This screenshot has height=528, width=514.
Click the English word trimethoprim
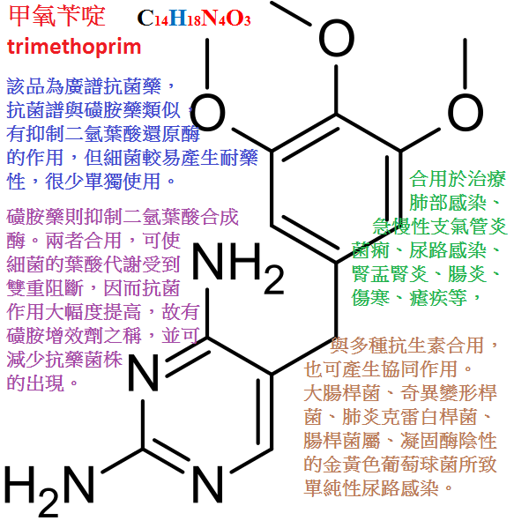[x=74, y=47]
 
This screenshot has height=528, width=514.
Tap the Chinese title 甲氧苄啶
[x=57, y=16]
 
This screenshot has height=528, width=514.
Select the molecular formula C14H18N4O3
[x=194, y=19]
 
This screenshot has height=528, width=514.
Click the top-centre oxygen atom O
[x=337, y=37]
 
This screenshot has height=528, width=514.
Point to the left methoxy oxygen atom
[x=207, y=112]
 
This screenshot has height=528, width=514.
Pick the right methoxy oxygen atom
[x=466, y=112]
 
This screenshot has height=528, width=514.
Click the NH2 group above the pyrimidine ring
[x=238, y=267]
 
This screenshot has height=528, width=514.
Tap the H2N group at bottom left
[x=49, y=490]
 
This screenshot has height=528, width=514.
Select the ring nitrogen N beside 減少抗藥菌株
[x=143, y=373]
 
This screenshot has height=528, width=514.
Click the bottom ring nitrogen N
[x=208, y=485]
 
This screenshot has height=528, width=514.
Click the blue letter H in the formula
[x=178, y=19]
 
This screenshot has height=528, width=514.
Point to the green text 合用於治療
[x=458, y=179]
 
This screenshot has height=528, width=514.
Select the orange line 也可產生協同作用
[x=381, y=369]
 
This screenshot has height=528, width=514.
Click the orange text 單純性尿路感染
[x=371, y=488]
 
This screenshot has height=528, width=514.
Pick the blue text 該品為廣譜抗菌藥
[x=84, y=86]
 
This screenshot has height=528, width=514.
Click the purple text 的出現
[x=35, y=383]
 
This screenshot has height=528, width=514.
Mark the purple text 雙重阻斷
[x=45, y=288]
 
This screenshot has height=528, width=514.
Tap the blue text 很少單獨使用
[x=103, y=182]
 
